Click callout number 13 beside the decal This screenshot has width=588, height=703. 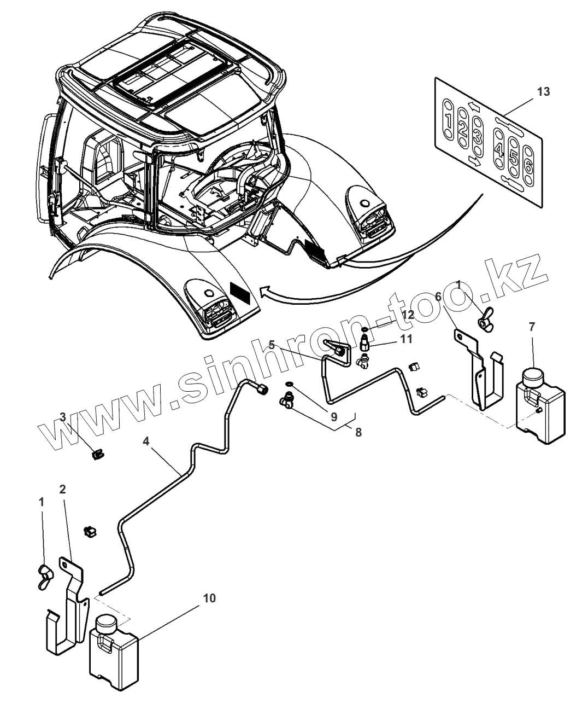click(543, 91)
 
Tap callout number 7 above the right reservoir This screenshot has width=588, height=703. click(532, 326)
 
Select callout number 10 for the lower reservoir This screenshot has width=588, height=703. click(209, 599)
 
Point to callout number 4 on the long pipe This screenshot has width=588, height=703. click(146, 441)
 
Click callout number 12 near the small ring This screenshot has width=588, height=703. click(408, 315)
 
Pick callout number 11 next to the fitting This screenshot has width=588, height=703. click(407, 339)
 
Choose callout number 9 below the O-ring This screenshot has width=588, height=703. click(334, 417)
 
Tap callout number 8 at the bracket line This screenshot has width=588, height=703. click(358, 432)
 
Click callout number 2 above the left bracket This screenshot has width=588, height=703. click(62, 489)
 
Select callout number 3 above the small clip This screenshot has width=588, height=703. click(63, 417)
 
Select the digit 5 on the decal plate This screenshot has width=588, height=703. click(514, 156)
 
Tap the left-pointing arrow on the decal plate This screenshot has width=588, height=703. click(474, 107)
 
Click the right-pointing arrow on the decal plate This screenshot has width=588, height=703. click(474, 161)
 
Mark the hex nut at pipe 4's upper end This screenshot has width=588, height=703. click(263, 390)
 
